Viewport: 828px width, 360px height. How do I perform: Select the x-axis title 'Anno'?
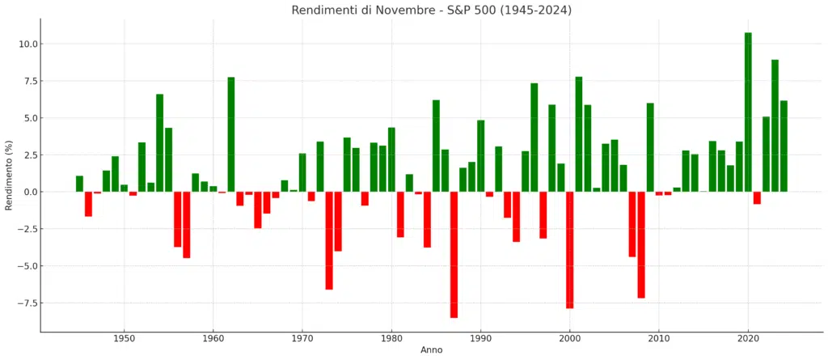coord(431,349)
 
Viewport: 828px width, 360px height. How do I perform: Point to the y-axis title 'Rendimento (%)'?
coord(9,174)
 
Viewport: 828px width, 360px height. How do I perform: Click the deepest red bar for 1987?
coord(454,255)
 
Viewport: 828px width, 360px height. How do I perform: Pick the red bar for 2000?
coord(569,250)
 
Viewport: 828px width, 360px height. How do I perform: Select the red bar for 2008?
coord(641,245)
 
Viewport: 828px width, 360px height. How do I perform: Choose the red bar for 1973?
coord(329,240)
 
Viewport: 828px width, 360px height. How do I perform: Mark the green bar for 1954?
coord(159,142)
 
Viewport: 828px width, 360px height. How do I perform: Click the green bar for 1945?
coord(79,184)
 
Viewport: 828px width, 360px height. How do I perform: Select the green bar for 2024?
coord(784,146)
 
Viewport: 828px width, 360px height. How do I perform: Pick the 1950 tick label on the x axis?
coord(124,337)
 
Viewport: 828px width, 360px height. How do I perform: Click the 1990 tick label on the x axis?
coord(481,337)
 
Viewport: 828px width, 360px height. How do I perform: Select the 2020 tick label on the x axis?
coord(748,337)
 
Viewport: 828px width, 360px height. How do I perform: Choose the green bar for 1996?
coord(534,138)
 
